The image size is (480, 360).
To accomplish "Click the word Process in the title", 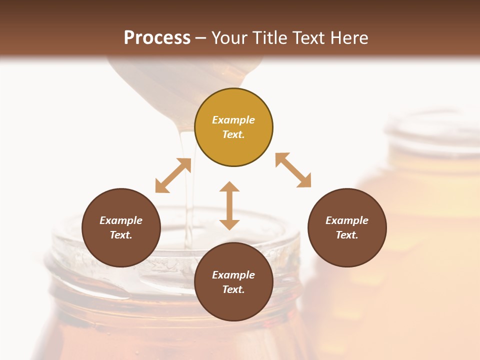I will coord(157,38).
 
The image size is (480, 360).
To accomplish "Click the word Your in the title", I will coord(228,38).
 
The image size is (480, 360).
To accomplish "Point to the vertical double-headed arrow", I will coord(229,206).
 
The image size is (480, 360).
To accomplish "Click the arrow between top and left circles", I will coord(173,175).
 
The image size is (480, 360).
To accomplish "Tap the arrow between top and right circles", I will coord(293,170).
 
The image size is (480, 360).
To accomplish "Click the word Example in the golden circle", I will coord(233,120).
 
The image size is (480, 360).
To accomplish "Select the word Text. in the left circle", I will coord(121,235).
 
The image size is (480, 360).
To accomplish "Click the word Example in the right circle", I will coord(347,220).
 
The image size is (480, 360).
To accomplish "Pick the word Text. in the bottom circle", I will coord(233,289).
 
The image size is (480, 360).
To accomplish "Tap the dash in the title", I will coord(201,38).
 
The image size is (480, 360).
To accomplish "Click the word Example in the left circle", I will coord(121,220).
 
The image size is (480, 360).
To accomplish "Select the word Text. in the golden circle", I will coord(233,134).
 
